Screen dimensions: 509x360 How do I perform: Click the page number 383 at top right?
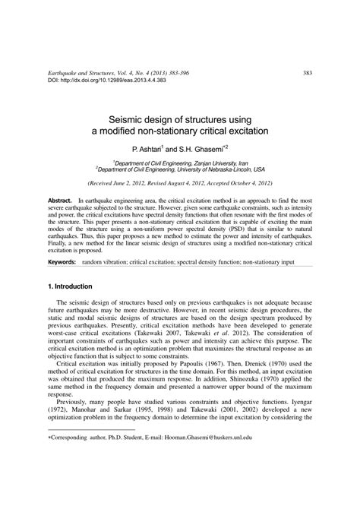[x=308, y=52]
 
